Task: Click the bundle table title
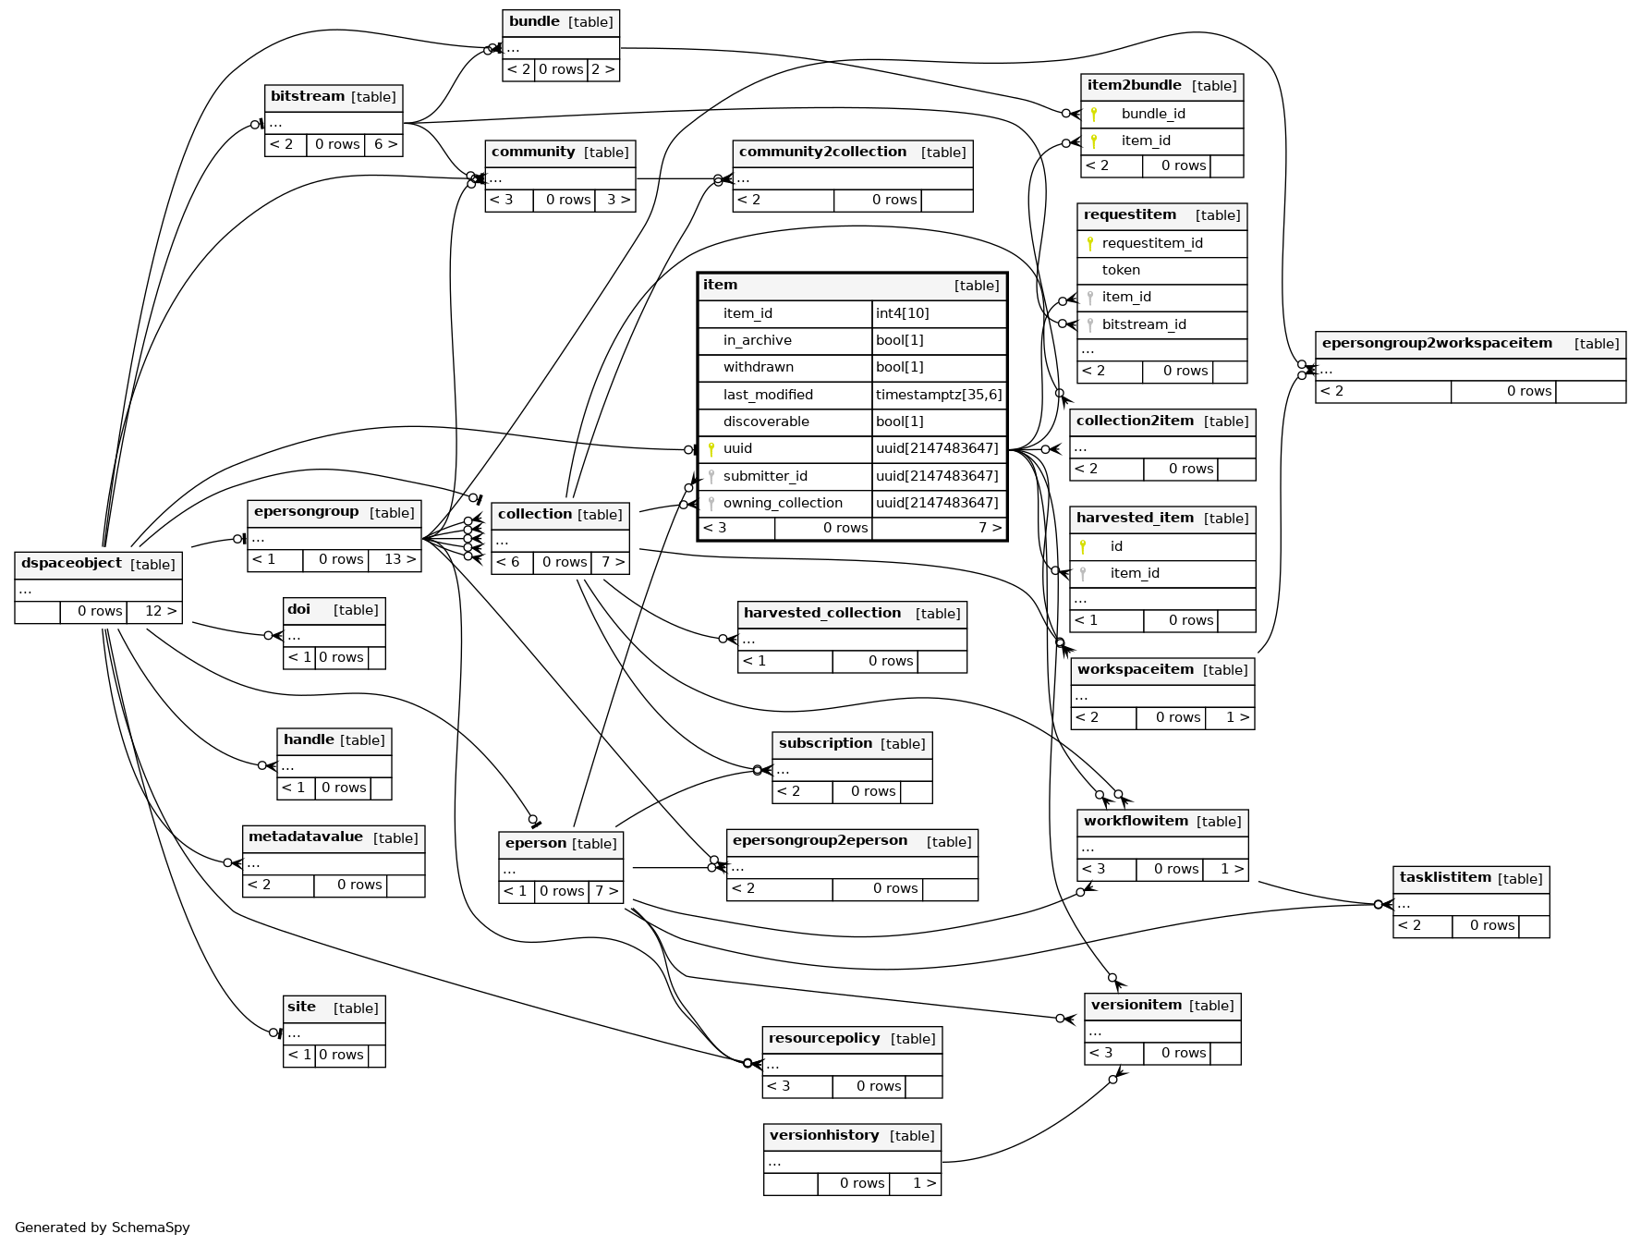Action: point(535,22)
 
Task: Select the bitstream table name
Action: point(308,96)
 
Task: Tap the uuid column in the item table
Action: point(737,449)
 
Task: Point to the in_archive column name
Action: point(757,341)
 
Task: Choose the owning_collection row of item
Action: point(783,504)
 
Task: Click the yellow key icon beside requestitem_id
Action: point(1090,244)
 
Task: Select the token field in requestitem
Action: point(1121,271)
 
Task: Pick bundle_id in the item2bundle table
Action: point(1153,115)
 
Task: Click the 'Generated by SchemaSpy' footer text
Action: point(103,1228)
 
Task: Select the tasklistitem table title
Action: point(1445,878)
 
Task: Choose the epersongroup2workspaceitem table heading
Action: point(1437,344)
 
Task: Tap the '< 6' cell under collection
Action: point(508,562)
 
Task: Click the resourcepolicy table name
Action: point(824,1039)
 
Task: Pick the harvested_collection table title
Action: point(822,614)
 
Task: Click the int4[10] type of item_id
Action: point(903,314)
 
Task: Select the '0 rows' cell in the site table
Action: point(341,1056)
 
